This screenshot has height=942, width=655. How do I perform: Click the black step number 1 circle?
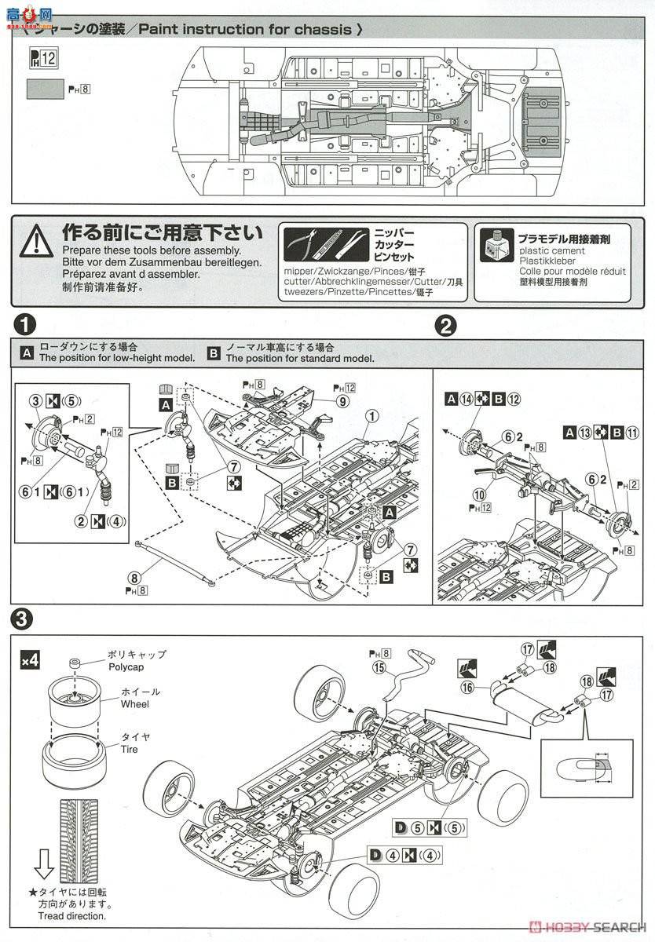[26, 324]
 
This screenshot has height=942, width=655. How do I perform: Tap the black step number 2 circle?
[446, 324]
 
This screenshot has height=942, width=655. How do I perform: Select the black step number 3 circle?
[26, 619]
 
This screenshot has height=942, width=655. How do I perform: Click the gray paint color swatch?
[45, 89]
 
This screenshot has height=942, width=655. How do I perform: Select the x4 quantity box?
[30, 661]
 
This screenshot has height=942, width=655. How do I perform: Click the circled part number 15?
[379, 668]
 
